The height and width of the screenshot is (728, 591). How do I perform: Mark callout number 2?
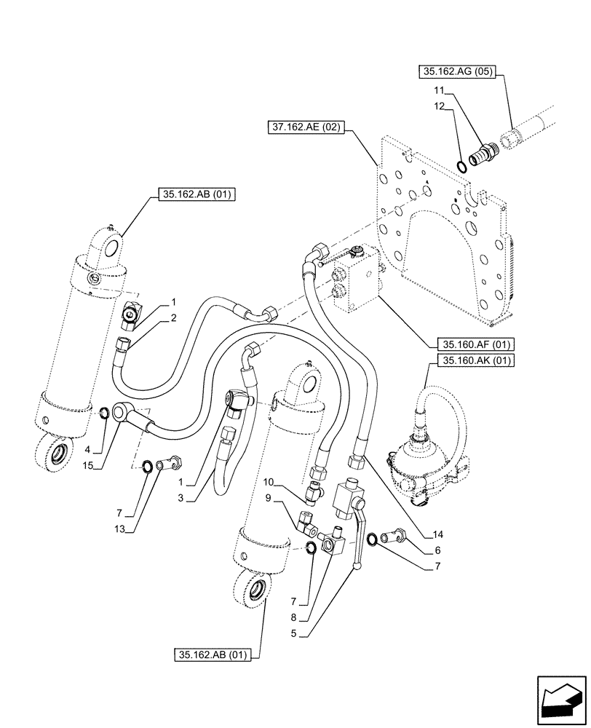pyautogui.click(x=175, y=317)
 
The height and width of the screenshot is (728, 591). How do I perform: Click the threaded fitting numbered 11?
pyautogui.click(x=480, y=155)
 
